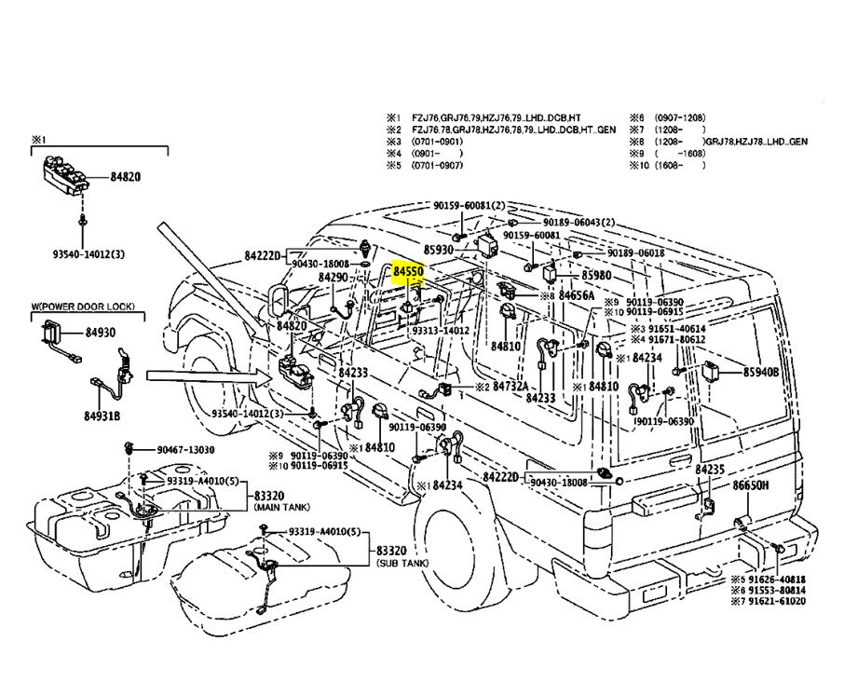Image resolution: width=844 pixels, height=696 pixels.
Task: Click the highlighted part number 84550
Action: click(x=408, y=270)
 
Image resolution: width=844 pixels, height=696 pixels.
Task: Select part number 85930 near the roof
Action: click(x=439, y=250)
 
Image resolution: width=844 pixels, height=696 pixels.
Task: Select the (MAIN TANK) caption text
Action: click(x=277, y=508)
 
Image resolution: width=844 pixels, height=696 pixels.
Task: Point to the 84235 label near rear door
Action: click(x=710, y=471)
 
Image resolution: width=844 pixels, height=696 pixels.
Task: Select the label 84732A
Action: click(x=510, y=386)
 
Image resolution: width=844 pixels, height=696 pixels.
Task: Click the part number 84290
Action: click(x=333, y=278)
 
